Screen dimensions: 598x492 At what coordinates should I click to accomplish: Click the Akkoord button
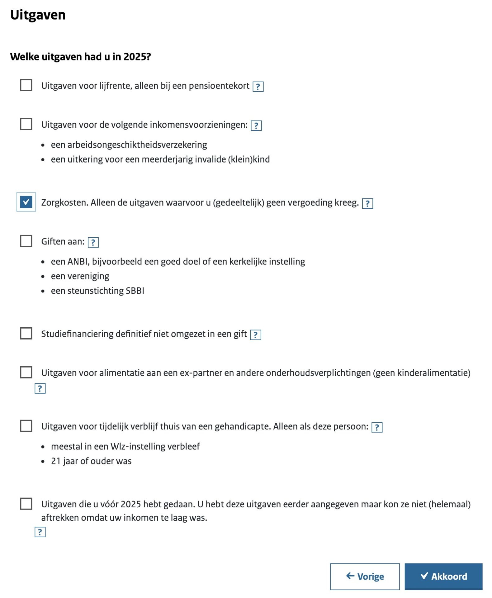coord(443,576)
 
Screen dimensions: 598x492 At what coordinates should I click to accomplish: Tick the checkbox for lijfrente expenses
coord(26,85)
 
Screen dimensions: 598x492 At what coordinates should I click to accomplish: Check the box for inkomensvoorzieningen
coord(26,124)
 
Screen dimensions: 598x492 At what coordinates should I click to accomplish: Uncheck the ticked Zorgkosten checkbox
coord(26,202)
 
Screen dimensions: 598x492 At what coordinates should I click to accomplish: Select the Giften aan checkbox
coord(26,241)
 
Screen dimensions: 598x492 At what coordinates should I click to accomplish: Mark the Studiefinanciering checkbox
coord(26,333)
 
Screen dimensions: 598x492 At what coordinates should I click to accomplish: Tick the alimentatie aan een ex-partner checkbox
coord(26,372)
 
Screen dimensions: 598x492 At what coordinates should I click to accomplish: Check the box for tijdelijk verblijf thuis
coord(26,426)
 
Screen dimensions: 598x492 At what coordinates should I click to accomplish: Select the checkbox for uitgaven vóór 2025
coord(26,504)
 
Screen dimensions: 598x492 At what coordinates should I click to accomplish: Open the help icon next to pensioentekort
coord(258,87)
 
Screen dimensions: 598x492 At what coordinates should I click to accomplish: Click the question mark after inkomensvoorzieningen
coord(256,126)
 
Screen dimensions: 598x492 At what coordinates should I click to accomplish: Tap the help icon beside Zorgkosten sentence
coord(367,203)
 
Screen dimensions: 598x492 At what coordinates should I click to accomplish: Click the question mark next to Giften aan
coord(93,242)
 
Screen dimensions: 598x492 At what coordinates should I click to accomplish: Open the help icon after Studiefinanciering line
coord(255,335)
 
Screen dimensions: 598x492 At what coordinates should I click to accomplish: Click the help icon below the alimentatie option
coord(40,388)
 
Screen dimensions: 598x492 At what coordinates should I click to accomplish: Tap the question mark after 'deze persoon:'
coord(377,427)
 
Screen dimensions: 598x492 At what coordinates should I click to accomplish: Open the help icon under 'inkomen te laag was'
coord(40,532)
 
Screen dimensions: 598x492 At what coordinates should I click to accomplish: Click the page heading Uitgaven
coord(38,15)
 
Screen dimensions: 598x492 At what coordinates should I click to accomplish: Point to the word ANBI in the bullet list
coord(78,262)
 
